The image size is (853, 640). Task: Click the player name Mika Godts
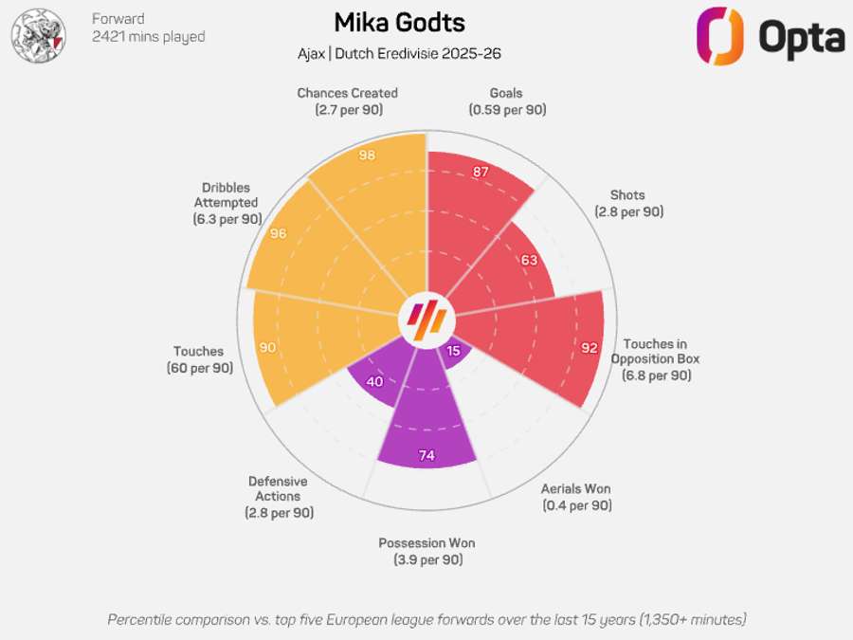pyautogui.click(x=399, y=23)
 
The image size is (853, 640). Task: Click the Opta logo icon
pyautogui.click(x=720, y=36)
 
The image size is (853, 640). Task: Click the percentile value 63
pyautogui.click(x=529, y=261)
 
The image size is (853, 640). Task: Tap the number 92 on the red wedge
pyautogui.click(x=590, y=348)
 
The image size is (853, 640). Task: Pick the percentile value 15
pyautogui.click(x=453, y=351)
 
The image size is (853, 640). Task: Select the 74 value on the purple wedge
pyautogui.click(x=426, y=456)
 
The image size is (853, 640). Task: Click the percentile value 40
pyautogui.click(x=374, y=382)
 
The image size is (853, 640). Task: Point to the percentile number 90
pyautogui.click(x=267, y=348)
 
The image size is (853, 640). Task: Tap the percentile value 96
pyautogui.click(x=278, y=233)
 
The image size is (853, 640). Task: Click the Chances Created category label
pyautogui.click(x=347, y=101)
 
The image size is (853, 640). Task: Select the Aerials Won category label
pyautogui.click(x=576, y=497)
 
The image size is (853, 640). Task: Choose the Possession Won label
pyautogui.click(x=426, y=551)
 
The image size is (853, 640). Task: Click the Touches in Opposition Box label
pyautogui.click(x=655, y=359)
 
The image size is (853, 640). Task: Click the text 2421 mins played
pyautogui.click(x=148, y=37)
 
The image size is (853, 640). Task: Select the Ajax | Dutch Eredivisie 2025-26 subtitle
pyautogui.click(x=399, y=54)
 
